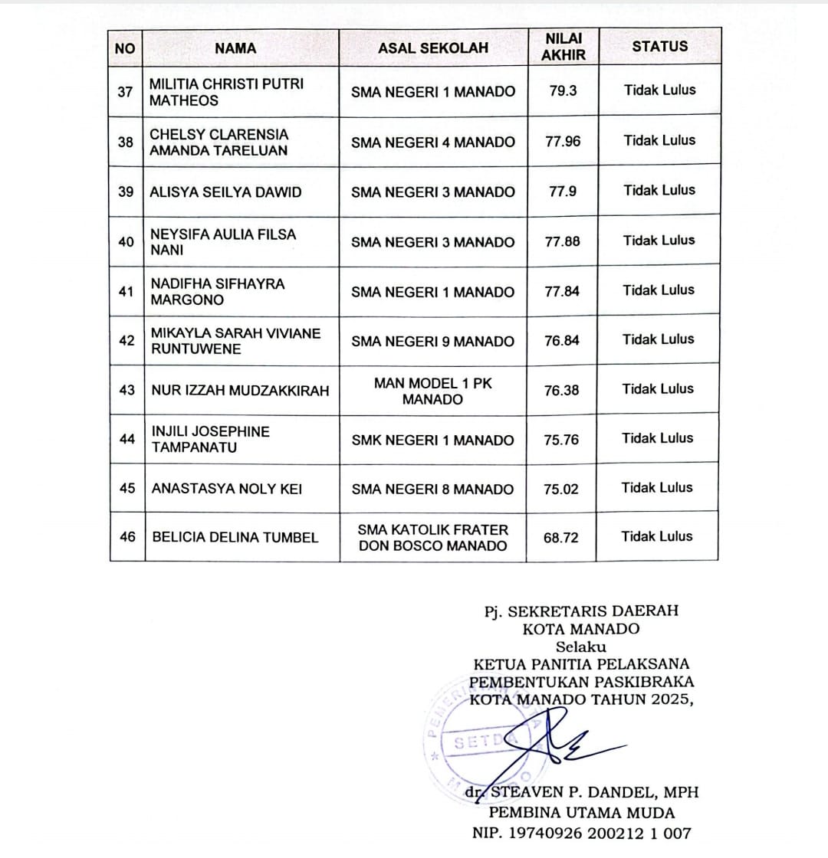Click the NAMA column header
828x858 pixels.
coord(235,48)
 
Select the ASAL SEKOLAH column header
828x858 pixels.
coord(433,48)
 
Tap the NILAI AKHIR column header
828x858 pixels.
coord(563,47)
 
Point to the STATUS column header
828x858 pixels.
coord(660,46)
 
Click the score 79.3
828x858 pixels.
coord(563,90)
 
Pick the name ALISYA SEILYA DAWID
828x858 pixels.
coord(226,192)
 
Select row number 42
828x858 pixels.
coord(127,340)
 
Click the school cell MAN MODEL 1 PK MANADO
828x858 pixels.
coord(432,391)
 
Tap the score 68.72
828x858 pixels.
coord(561,538)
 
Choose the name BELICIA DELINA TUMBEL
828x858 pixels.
coord(235,537)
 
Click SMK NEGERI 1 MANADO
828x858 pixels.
coord(432,440)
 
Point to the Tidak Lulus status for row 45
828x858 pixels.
coord(657,487)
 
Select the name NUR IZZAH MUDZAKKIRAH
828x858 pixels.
coord(240,391)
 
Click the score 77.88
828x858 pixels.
coord(562,241)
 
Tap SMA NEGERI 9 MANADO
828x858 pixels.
coord(432,342)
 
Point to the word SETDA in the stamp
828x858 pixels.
coord(479,742)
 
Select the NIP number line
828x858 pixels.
coord(582,833)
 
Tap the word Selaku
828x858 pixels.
coord(580,647)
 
